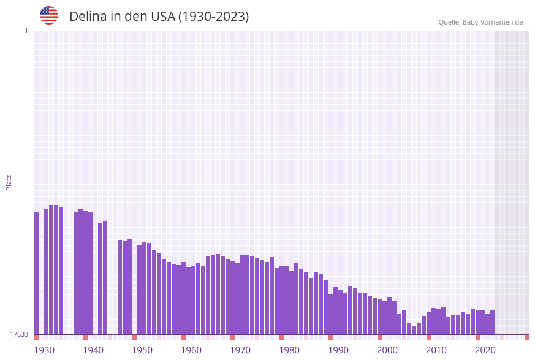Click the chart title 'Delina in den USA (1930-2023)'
coord(159,17)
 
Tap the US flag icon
coord(49,15)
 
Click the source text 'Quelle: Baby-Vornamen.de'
coord(480,22)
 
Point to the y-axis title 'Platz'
coord(9,182)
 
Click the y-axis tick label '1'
coord(26,31)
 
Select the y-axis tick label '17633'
coord(19,334)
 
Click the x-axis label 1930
coord(44,350)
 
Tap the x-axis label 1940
coord(93,350)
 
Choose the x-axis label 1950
coord(142,350)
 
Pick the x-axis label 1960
coord(191,350)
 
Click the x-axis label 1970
coord(240,350)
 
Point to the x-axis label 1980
coord(289,350)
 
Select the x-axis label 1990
coord(338,350)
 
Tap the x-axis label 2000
coord(387,350)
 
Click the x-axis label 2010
coord(436,350)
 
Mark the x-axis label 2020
coord(485,350)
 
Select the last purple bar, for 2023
coord(492,322)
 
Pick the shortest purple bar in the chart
coord(414,331)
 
